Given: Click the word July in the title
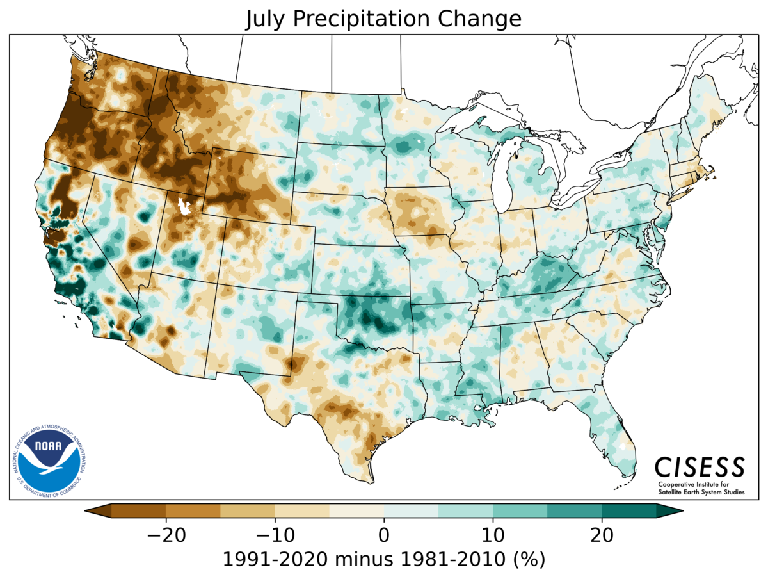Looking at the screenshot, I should tap(266, 19).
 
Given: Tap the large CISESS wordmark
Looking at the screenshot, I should tap(700, 466).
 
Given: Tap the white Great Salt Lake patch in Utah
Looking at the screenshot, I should tap(186, 207).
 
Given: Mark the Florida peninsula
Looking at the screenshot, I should tap(614, 436).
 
